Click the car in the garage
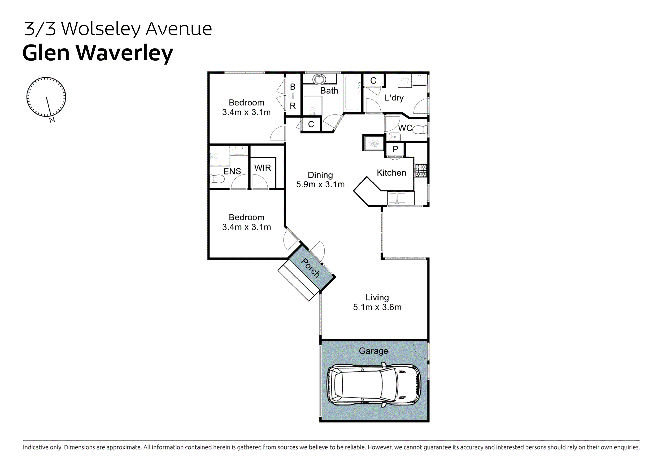[x=374, y=385]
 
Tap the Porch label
[x=310, y=268]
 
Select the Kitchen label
[x=391, y=173]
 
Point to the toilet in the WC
[x=420, y=130]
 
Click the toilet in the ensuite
[x=217, y=179]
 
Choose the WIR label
[x=262, y=168]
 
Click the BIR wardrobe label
[x=293, y=96]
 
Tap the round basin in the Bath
[x=319, y=79]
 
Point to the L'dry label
[x=394, y=97]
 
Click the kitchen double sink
[x=397, y=198]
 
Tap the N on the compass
[x=52, y=120]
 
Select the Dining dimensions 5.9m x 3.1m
[x=320, y=184]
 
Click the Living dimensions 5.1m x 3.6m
[x=377, y=307]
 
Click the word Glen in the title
[x=46, y=53]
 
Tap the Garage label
[x=373, y=351]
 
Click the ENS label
[x=232, y=171]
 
